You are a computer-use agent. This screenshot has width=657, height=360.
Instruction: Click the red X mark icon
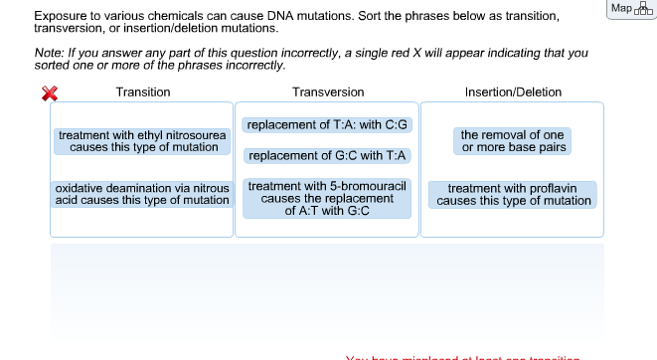coord(48,93)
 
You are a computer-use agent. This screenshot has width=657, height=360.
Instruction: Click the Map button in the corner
coord(628,9)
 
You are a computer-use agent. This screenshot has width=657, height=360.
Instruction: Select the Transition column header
coord(143,92)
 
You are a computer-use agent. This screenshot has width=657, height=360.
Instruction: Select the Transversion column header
coord(328,92)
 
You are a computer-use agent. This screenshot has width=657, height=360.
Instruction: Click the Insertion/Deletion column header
coord(513,92)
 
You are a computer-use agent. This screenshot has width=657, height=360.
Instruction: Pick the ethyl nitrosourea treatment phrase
coord(143,141)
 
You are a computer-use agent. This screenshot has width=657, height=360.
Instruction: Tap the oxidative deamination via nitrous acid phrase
coord(142,194)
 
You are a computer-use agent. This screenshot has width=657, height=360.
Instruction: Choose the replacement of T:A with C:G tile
coord(328,126)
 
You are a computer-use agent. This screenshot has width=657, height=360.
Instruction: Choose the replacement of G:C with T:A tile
coord(328,156)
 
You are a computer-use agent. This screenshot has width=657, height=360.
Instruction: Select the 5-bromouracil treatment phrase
coord(328,199)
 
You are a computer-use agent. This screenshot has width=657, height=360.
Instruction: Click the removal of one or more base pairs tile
coord(512,141)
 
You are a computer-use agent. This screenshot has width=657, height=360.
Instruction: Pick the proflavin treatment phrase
coord(513,194)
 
